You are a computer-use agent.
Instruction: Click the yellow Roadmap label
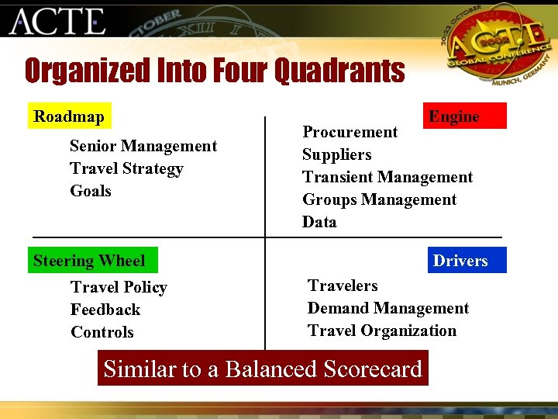[69, 116]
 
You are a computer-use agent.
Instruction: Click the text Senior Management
[143, 146]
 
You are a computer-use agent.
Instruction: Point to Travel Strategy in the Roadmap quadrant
[126, 168]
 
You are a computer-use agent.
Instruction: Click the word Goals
[91, 191]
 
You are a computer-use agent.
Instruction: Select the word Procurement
[350, 132]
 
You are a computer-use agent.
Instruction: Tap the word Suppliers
[336, 154]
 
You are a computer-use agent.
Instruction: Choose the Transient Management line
[387, 177]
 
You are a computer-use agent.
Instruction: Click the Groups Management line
[379, 199]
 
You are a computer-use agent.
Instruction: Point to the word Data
[319, 222]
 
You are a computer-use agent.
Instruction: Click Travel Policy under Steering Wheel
[119, 287]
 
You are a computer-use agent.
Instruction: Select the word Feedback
[105, 310]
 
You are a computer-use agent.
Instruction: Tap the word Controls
[102, 332]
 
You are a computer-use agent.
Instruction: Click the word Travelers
[343, 286]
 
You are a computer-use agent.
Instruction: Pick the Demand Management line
[387, 308]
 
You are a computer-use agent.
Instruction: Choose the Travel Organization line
[382, 331]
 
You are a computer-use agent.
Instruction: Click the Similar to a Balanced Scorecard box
[263, 369]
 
